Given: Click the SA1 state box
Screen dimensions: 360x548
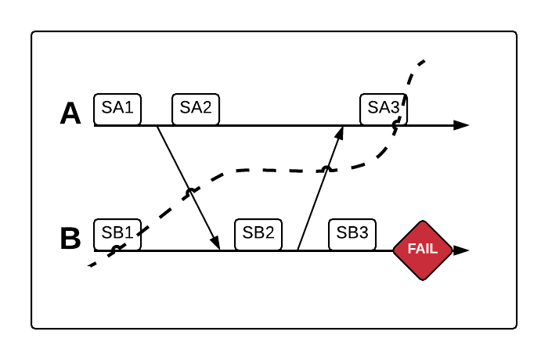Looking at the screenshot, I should (117, 109).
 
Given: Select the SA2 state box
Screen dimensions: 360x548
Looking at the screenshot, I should (196, 109).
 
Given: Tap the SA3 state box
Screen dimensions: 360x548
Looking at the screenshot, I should (384, 109).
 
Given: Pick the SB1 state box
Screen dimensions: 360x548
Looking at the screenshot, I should (117, 233).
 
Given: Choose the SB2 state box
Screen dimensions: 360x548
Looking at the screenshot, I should (258, 233).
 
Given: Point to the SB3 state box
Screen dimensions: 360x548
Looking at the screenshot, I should (352, 233).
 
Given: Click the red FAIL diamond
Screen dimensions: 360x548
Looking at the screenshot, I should (424, 250).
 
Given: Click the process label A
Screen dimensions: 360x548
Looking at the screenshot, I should (70, 113).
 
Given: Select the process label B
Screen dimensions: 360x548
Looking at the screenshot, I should (70, 239).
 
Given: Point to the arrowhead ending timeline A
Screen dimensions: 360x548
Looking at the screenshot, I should (462, 125).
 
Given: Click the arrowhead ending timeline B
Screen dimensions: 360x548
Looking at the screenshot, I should (462, 250).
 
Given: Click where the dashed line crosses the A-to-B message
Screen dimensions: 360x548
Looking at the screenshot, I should (189, 191).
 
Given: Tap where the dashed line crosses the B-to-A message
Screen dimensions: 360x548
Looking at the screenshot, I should (326, 168).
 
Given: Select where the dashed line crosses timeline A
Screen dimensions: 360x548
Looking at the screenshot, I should (397, 124).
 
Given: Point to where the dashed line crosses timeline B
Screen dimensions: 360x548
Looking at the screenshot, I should (116, 250).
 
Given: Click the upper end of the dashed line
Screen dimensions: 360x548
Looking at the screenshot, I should (424, 60).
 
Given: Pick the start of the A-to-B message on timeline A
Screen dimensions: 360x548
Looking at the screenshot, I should (157, 126).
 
